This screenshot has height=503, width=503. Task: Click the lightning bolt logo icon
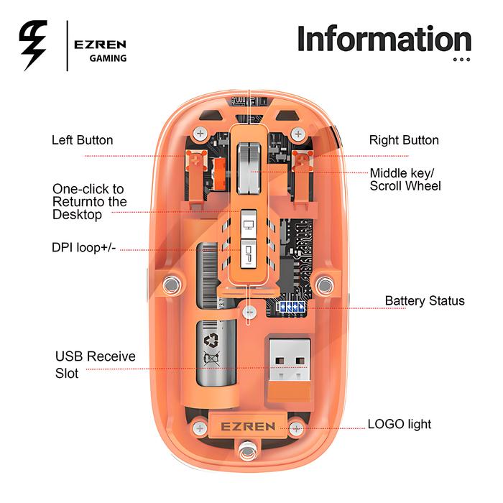pyautogui.click(x=33, y=45)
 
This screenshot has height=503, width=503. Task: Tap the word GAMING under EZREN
pyautogui.click(x=108, y=58)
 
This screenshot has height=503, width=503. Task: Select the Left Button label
pyautogui.click(x=82, y=140)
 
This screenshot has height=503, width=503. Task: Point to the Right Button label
pyautogui.click(x=404, y=140)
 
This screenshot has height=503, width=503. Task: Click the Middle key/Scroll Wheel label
pyautogui.click(x=405, y=180)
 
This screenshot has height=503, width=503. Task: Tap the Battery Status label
pyautogui.click(x=425, y=301)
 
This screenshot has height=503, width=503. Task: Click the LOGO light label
pyautogui.click(x=400, y=424)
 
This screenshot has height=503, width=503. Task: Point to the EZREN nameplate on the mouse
pyautogui.click(x=247, y=426)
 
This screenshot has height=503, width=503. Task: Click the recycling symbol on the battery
pyautogui.click(x=214, y=341)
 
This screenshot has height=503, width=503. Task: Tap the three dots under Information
pyautogui.click(x=461, y=60)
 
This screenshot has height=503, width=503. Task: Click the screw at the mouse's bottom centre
pyautogui.click(x=248, y=454)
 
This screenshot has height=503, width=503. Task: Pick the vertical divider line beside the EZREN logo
pyautogui.click(x=67, y=46)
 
